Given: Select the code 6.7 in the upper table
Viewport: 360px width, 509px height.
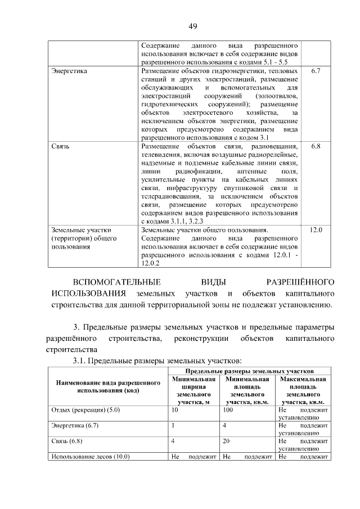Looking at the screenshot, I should pyautogui.click(x=316, y=73).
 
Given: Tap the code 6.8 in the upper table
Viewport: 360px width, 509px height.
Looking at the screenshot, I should pyautogui.click(x=316, y=147).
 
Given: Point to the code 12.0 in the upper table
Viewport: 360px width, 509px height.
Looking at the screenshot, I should pyautogui.click(x=316, y=229).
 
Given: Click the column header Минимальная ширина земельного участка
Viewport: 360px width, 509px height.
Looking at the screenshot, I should pyautogui.click(x=193, y=391).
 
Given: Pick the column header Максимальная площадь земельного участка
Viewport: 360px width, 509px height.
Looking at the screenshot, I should pyautogui.click(x=303, y=391).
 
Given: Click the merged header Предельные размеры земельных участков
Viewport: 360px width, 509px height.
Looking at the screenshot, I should pyautogui.click(x=249, y=372).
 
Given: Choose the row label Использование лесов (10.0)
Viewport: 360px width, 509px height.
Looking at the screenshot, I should pyautogui.click(x=91, y=457).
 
